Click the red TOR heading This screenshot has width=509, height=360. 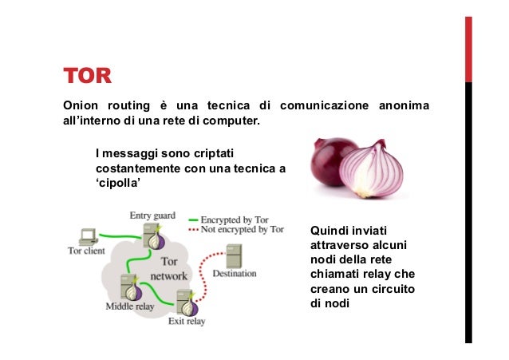pos(87,78)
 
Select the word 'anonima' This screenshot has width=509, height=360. pos(403,106)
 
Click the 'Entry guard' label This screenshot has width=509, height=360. pos(152,216)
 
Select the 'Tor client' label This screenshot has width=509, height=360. pos(85,250)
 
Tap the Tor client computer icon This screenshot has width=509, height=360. pos(88,235)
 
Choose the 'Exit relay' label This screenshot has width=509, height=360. pos(186,322)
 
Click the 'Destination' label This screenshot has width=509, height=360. pos(235,274)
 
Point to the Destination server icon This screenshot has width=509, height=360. pos(234,255)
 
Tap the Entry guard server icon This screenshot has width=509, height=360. pos(152,236)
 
